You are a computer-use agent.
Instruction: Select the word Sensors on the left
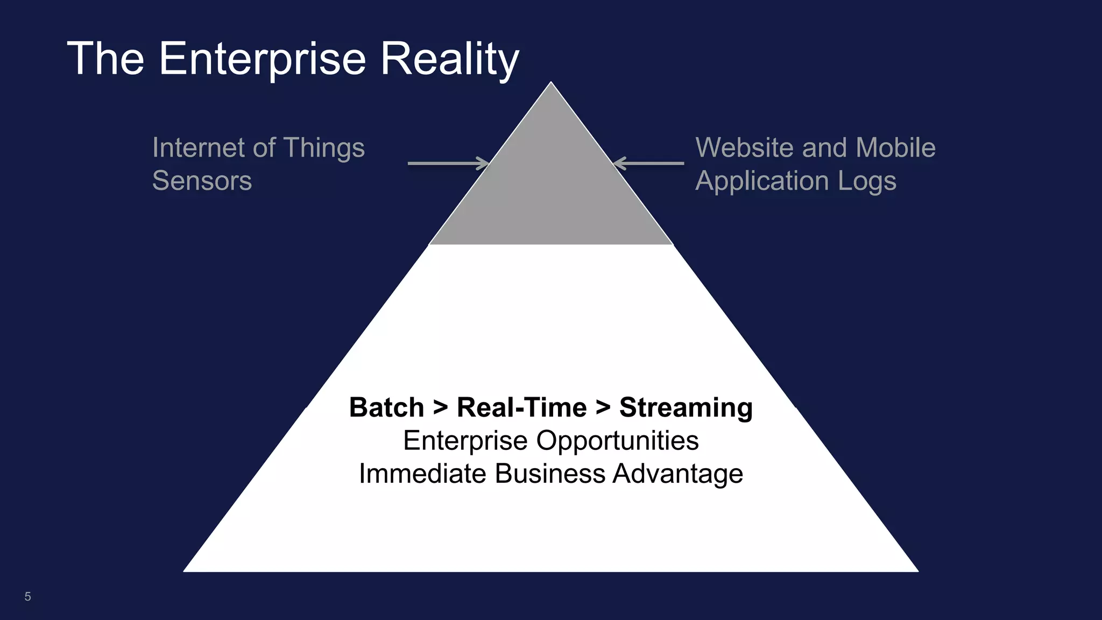click(202, 180)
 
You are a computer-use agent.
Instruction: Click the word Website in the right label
click(743, 147)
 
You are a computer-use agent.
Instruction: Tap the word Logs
click(867, 181)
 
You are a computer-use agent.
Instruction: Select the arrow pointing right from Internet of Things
click(448, 163)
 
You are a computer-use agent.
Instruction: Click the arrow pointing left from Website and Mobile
click(649, 163)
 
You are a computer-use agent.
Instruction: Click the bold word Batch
click(386, 407)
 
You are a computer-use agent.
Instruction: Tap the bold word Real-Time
click(521, 407)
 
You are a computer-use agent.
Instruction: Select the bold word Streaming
click(686, 407)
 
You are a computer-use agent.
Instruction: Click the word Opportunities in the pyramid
click(617, 440)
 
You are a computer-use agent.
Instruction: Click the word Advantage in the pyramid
click(677, 474)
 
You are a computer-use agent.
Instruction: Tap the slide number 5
click(27, 596)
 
